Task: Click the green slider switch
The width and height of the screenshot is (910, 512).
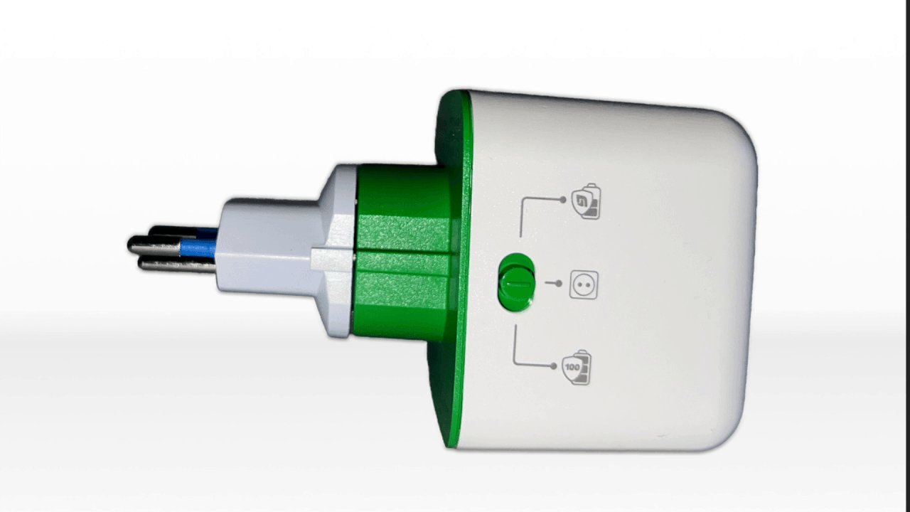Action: click(515, 282)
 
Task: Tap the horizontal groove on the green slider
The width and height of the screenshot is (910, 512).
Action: click(518, 284)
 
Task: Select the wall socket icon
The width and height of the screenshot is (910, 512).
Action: click(584, 284)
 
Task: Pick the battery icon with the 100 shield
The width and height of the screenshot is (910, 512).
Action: click(577, 367)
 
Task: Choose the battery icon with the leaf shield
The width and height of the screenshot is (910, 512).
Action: click(587, 201)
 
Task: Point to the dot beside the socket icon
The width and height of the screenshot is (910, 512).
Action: click(559, 283)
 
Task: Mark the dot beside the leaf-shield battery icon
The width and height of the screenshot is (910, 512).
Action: click(562, 200)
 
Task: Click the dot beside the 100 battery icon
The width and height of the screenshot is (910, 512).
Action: click(553, 366)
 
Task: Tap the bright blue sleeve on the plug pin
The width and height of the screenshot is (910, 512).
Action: click(198, 247)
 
